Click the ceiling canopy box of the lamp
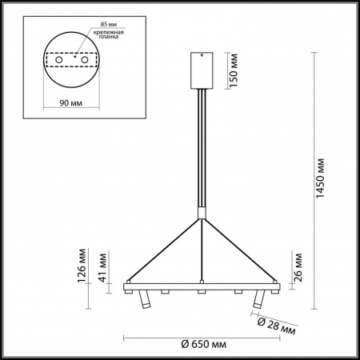coord(200,70)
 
